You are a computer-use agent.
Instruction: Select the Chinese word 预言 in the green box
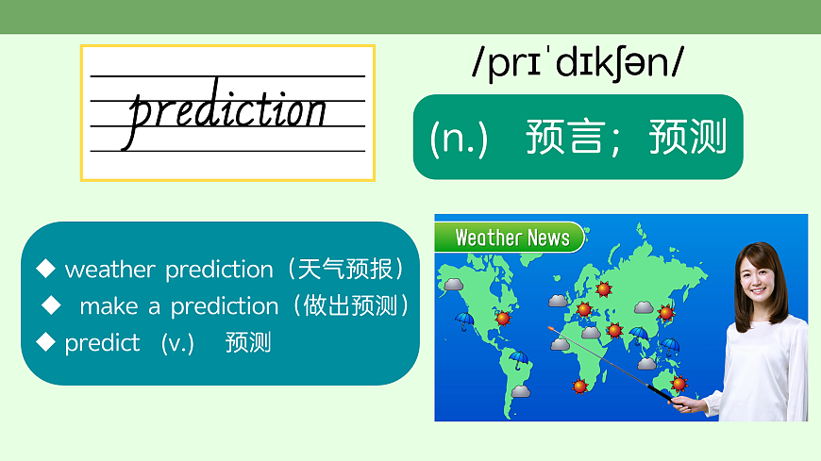pos(564,137)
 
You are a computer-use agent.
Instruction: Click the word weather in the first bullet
pos(110,270)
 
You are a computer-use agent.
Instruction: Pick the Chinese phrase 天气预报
pos(345,269)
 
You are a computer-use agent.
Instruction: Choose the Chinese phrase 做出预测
pos(350,305)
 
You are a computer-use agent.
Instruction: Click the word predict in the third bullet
pos(102,344)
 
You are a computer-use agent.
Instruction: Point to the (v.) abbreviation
pos(177,344)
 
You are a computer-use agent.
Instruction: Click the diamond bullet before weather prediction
pos(45,269)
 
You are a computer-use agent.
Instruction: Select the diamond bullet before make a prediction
pos(51,305)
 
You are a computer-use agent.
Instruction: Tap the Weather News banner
pos(510,238)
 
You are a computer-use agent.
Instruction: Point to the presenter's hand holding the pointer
pos(685,403)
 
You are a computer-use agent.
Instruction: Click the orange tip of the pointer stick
pos(551,329)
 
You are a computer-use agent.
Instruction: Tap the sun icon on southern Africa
pos(579,387)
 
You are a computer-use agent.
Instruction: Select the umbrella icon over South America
pos(518,359)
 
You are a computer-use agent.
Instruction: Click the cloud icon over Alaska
pos(453,285)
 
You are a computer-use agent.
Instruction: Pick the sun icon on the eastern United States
pos(503,317)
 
